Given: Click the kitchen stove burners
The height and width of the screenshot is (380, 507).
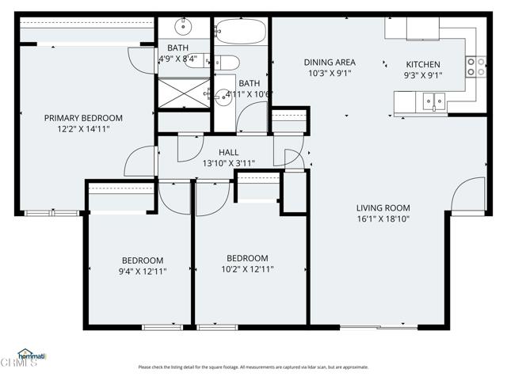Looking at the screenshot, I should click(x=475, y=67).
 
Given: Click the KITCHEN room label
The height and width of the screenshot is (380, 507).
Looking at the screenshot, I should click(x=424, y=64).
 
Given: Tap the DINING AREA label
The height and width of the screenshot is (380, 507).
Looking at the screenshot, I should click(x=330, y=62).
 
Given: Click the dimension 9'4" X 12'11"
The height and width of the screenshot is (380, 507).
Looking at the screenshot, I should click(x=143, y=272).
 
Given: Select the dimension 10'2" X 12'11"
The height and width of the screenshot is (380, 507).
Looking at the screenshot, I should click(x=247, y=269).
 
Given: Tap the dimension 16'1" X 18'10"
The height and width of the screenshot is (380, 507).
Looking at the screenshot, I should click(x=383, y=218).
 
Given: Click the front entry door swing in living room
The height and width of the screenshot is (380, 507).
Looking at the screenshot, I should click(x=469, y=196).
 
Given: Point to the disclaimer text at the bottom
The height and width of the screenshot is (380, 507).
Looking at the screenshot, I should click(x=253, y=367).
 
